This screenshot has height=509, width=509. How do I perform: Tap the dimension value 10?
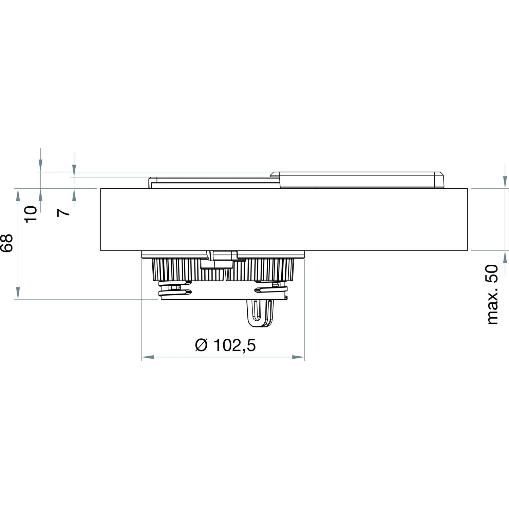click(x=31, y=214)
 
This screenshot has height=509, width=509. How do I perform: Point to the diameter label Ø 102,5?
click(x=225, y=345)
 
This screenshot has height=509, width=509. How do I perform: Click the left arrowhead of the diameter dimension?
click(x=148, y=357)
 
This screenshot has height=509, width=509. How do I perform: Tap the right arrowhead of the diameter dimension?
click(x=298, y=357)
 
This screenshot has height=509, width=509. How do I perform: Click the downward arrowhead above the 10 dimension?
click(x=40, y=166)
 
